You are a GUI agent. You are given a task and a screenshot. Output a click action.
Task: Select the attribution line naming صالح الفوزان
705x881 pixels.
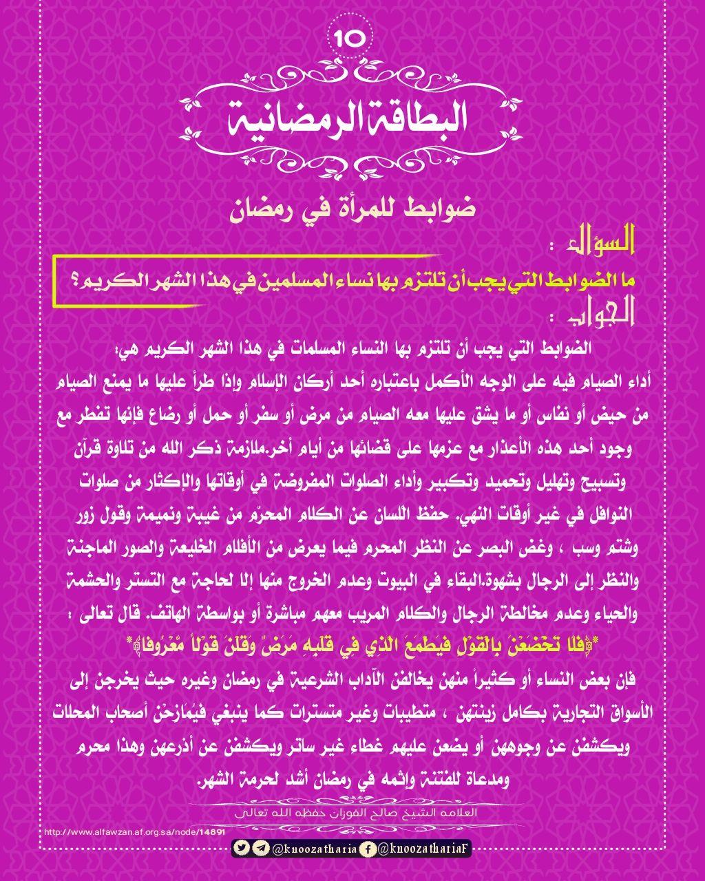352,813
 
